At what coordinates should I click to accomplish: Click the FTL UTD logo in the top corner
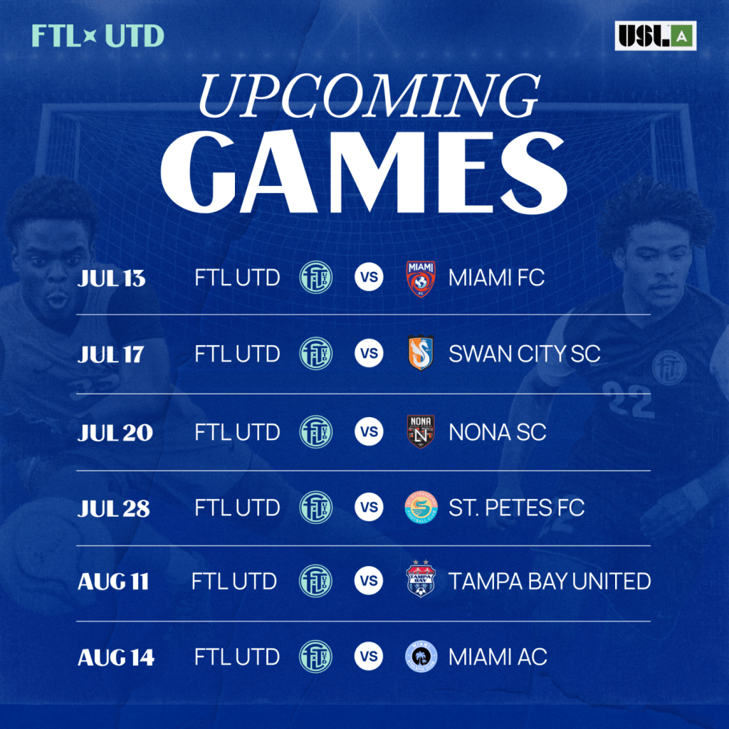click(x=98, y=36)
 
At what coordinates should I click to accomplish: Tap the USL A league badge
click(x=655, y=36)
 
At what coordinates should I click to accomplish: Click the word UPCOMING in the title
click(x=369, y=96)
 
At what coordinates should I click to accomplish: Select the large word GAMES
click(x=364, y=172)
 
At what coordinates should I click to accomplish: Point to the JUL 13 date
click(x=111, y=278)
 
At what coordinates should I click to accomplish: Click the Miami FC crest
click(x=420, y=278)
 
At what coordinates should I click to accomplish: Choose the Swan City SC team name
click(x=525, y=354)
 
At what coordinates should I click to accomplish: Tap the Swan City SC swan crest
click(x=420, y=353)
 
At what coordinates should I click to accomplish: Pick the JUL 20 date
click(x=115, y=433)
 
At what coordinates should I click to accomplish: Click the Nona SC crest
click(x=421, y=431)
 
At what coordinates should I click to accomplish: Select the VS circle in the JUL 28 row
click(x=369, y=507)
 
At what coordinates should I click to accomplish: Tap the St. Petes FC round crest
click(x=421, y=507)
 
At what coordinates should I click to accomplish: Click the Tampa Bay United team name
click(x=550, y=581)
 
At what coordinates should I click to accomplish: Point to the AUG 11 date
click(x=113, y=582)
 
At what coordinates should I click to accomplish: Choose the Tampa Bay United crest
click(x=420, y=579)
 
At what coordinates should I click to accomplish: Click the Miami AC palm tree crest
click(x=421, y=657)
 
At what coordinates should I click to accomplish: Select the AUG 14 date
click(x=116, y=657)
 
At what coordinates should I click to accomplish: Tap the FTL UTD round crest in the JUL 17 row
click(x=315, y=353)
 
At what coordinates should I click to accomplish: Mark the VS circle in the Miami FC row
click(x=369, y=277)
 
